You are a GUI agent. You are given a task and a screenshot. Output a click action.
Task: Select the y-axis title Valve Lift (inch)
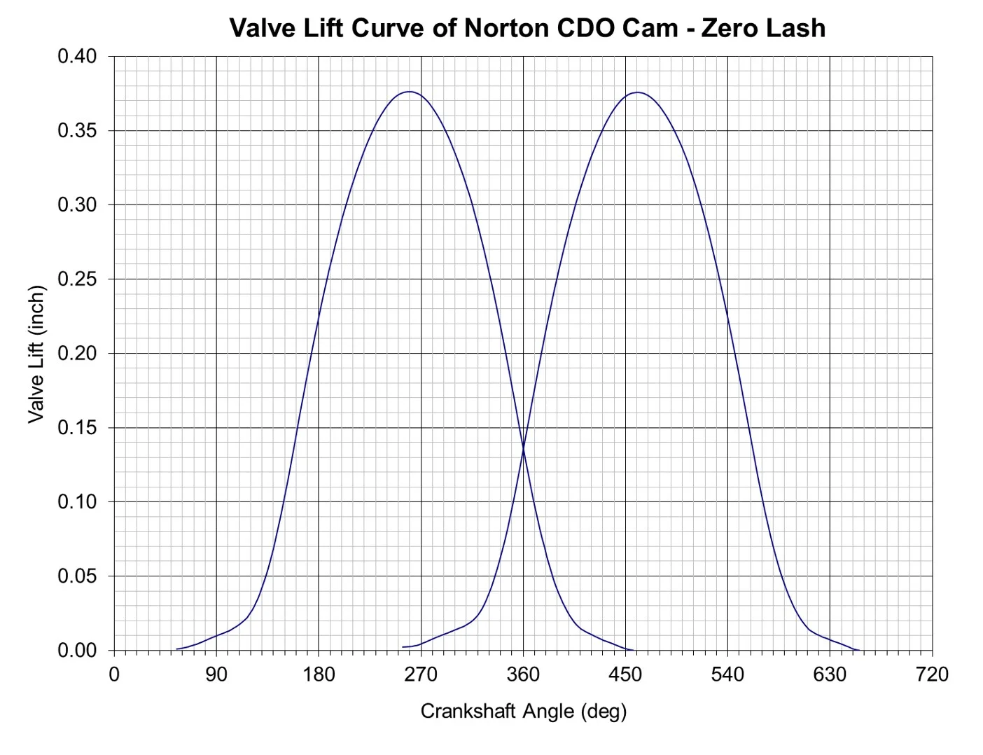(36, 354)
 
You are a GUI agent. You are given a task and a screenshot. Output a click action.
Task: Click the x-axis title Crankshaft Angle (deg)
(523, 711)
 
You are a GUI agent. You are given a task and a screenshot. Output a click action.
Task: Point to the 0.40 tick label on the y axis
(77, 57)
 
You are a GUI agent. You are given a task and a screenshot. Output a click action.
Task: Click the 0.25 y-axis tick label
(77, 279)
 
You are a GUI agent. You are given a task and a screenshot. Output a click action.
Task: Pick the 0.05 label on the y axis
(77, 576)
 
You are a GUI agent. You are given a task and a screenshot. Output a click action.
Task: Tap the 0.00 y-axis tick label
(77, 651)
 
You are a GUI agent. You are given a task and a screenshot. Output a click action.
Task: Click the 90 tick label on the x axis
(216, 674)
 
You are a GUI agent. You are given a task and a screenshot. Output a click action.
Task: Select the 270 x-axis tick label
(421, 674)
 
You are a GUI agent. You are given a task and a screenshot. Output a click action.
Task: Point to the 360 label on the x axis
(523, 674)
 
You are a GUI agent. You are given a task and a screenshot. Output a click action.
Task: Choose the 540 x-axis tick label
(727, 674)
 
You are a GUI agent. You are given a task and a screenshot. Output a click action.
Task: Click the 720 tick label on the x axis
(932, 674)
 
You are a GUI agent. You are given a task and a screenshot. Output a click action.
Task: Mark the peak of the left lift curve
(409, 92)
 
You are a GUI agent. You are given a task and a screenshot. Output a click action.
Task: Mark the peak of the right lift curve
(637, 92)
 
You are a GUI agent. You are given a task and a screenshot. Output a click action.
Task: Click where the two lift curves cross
(523, 448)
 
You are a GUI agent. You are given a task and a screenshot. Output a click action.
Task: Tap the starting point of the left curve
(176, 649)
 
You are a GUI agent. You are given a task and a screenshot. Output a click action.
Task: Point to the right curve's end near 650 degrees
(858, 650)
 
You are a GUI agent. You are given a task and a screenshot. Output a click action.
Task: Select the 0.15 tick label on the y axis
(77, 428)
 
